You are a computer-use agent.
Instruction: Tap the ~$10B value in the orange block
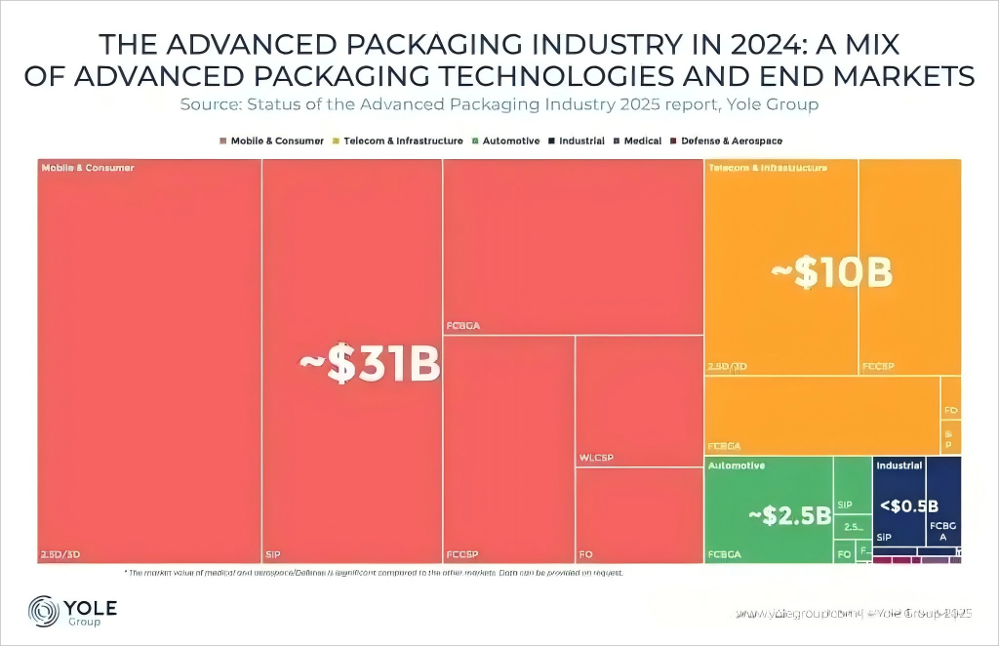[830, 273]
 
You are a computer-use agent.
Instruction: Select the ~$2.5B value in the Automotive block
[788, 514]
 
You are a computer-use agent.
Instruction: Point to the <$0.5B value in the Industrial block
[908, 505]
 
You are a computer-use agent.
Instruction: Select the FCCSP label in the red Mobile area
[464, 554]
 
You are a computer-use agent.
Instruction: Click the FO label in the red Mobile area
[586, 554]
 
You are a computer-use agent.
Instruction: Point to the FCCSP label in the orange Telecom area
[878, 367]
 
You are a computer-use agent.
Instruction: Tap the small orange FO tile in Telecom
[950, 410]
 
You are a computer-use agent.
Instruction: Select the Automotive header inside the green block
[736, 465]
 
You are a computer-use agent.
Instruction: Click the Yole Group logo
[73, 612]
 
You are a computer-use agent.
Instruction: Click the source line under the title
[499, 103]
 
